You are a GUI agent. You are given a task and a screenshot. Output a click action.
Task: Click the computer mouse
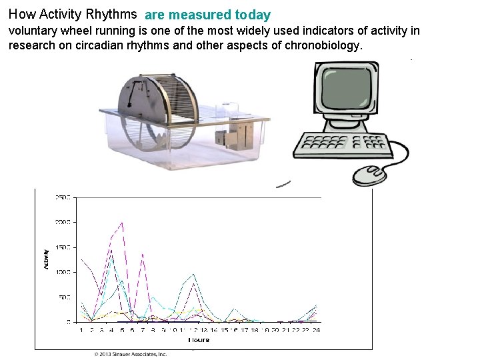pyautogui.click(x=369, y=175)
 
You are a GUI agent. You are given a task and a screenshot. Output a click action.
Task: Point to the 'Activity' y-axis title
pyautogui.click(x=46, y=259)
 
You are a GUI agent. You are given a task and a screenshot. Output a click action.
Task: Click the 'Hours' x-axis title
pyautogui.click(x=198, y=340)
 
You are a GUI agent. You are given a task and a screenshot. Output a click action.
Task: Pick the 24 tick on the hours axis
pyautogui.click(x=315, y=330)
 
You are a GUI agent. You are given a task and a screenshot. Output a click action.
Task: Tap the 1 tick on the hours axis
pyautogui.click(x=81, y=330)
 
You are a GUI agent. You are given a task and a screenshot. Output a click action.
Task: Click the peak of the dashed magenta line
pyautogui.click(x=121, y=223)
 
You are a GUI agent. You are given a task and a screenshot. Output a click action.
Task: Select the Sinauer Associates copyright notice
pyautogui.click(x=131, y=354)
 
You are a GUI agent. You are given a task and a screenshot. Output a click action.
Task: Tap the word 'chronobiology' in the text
pyautogui.click(x=325, y=45)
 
